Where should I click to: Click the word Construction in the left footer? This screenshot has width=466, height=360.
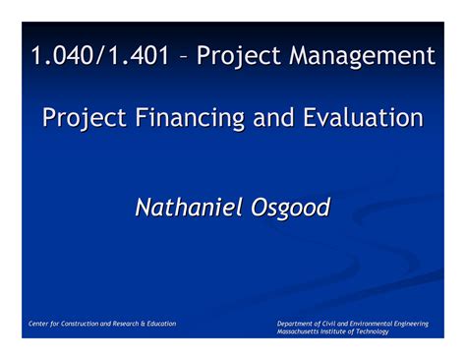click(90, 323)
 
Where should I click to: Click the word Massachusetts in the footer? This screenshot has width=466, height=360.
click(302, 331)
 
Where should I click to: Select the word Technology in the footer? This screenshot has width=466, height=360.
click(372, 331)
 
